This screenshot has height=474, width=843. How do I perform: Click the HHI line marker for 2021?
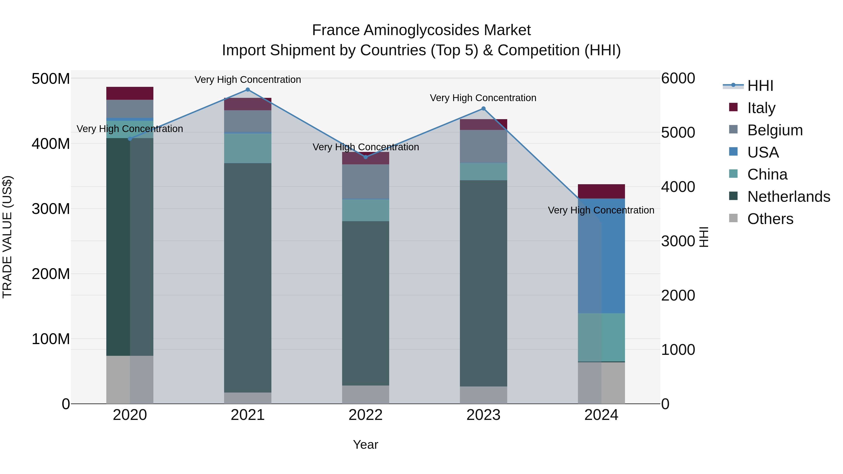click(x=248, y=90)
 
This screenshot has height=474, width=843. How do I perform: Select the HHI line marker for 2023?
click(x=483, y=109)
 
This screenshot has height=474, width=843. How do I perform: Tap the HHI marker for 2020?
click(x=130, y=139)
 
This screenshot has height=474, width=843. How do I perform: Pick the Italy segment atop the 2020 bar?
click(x=130, y=93)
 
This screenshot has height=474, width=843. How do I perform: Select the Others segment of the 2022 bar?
click(x=366, y=394)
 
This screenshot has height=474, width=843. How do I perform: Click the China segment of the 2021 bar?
click(x=248, y=148)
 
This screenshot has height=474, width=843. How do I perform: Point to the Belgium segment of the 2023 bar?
click(x=483, y=146)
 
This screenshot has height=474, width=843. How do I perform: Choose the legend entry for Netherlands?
click(x=788, y=197)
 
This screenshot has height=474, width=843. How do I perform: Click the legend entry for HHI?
click(x=760, y=86)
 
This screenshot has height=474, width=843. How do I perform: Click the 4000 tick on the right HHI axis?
click(x=678, y=187)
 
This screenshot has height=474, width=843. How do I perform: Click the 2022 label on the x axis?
click(x=366, y=415)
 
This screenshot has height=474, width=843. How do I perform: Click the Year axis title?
click(x=366, y=445)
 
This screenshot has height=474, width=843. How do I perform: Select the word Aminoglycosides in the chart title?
click(x=421, y=30)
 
